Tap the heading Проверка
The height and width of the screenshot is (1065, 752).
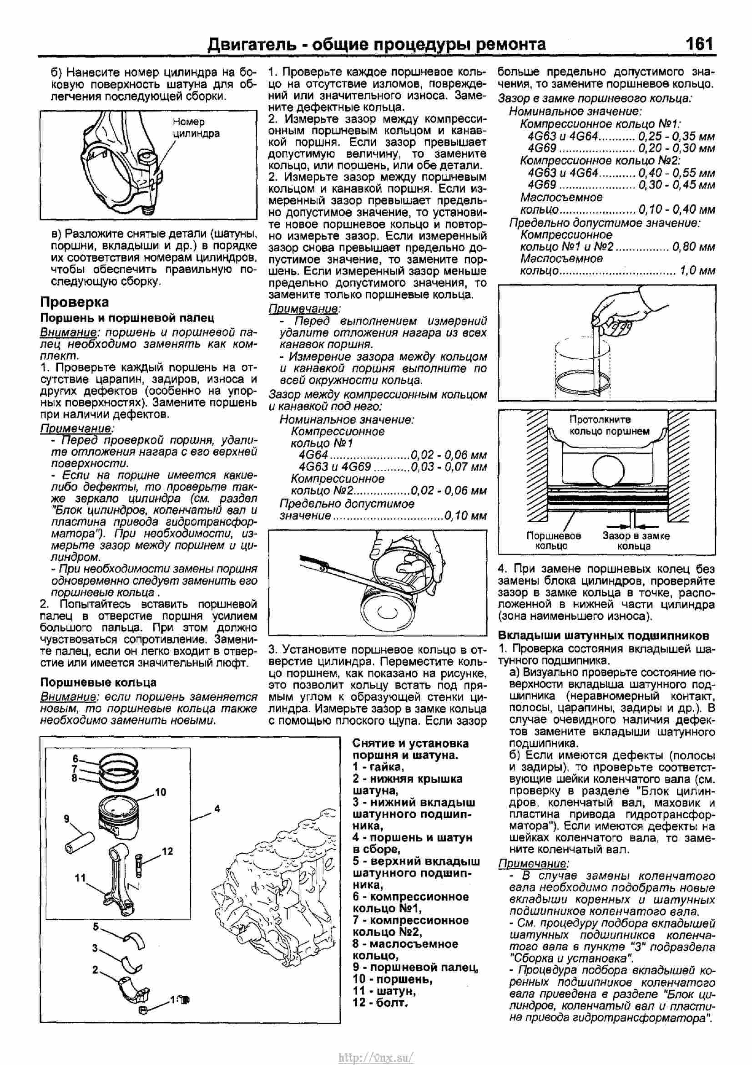click(75, 301)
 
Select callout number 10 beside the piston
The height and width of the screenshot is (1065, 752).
click(160, 792)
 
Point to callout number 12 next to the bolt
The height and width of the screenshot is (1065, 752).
click(167, 851)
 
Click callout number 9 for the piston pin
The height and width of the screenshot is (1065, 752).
click(67, 819)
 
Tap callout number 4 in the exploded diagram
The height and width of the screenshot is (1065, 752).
click(217, 809)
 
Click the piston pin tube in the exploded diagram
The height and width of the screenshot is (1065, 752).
click(81, 842)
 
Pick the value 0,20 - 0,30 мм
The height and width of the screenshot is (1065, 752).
click(676, 148)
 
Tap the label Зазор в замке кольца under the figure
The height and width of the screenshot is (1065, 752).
click(636, 541)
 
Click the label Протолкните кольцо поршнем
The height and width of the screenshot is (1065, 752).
click(609, 425)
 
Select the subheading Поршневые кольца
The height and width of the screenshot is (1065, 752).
click(98, 683)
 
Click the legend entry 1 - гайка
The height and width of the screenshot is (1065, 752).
click(378, 767)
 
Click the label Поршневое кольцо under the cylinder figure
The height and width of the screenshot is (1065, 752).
click(554, 541)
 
